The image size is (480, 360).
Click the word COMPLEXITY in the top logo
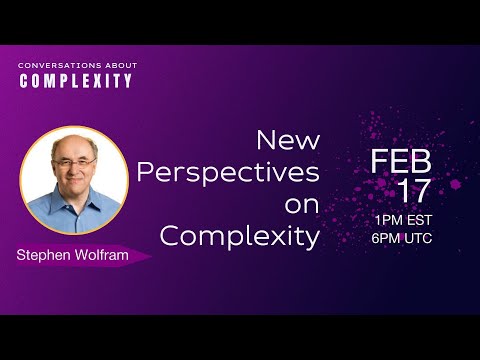click(75, 81)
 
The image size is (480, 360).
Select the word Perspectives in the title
click(228, 172)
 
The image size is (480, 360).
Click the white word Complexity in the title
click(240, 237)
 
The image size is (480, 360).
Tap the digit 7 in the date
click(425, 191)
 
